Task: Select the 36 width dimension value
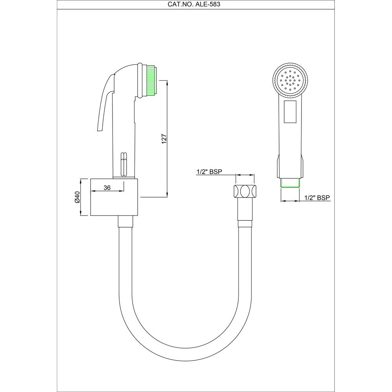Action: point(107,188)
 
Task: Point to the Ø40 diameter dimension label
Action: point(77,197)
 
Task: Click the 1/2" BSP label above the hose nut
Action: point(209,172)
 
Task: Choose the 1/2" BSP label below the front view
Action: point(317,198)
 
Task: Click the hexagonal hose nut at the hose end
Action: point(245,192)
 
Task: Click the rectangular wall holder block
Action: point(114,197)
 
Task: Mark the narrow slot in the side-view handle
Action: point(123,163)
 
